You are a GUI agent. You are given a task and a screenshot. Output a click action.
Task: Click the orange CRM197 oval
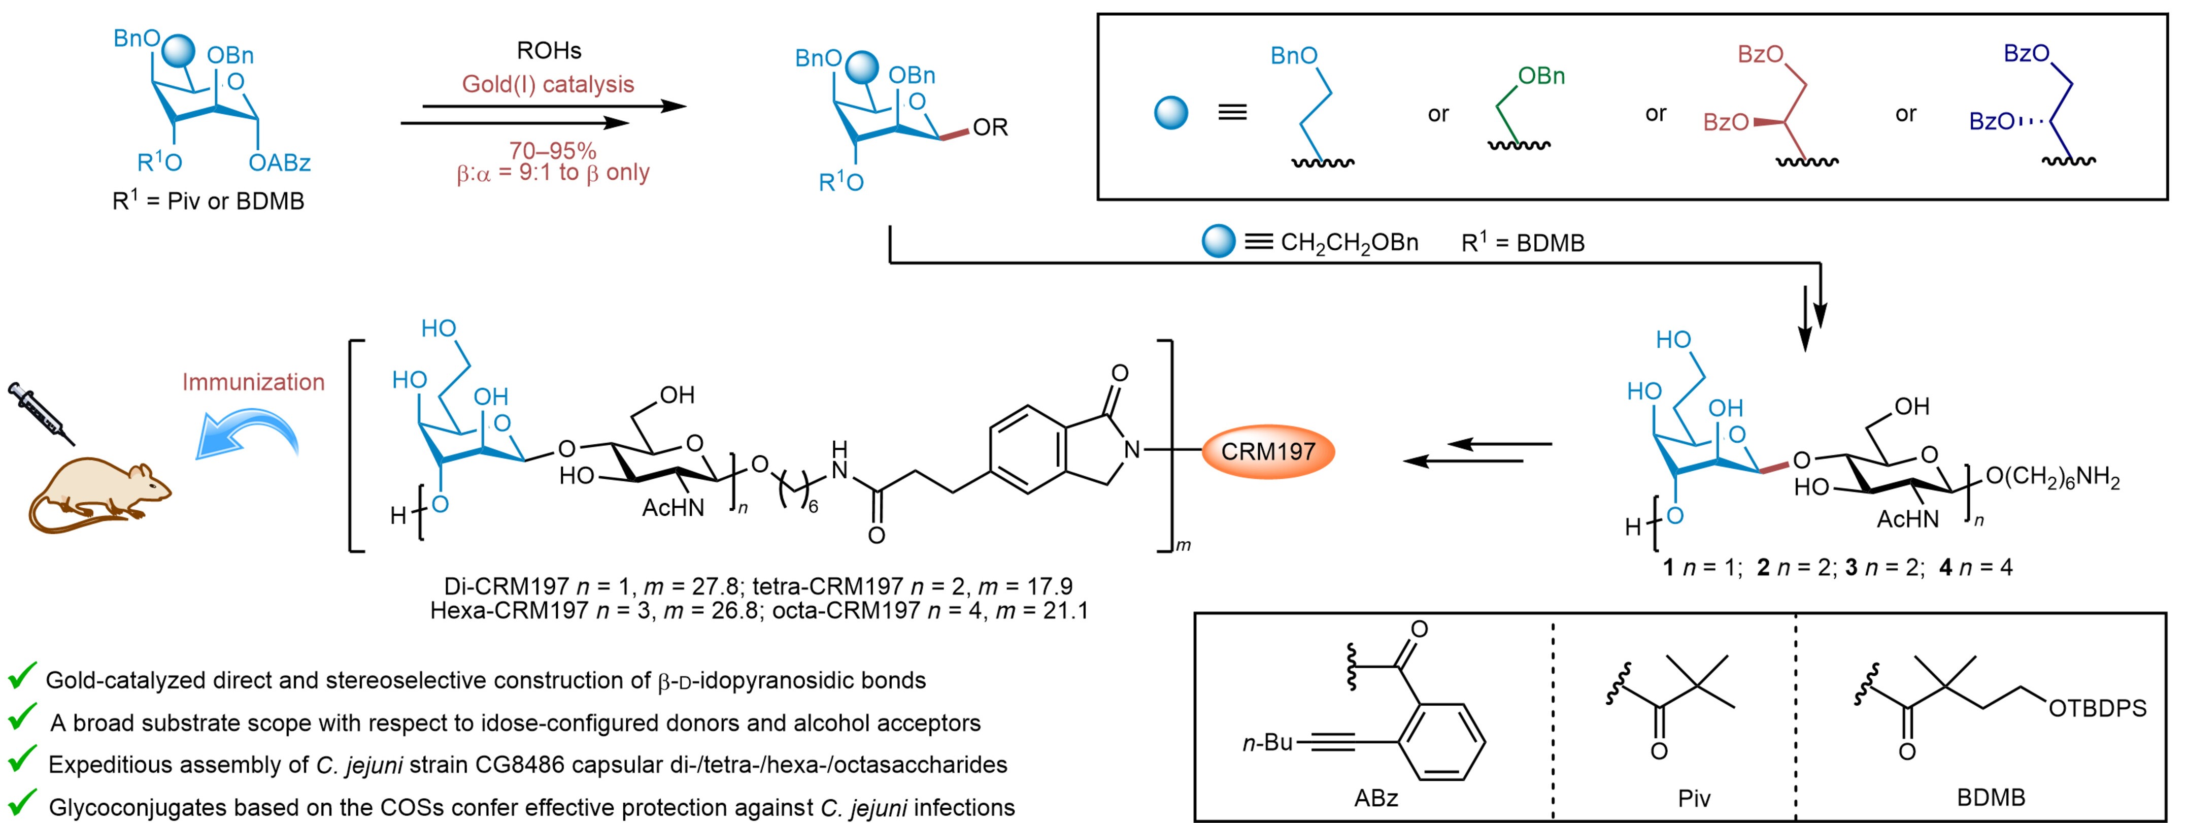[x=1267, y=451]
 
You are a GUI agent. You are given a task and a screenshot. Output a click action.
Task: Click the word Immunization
[x=253, y=382]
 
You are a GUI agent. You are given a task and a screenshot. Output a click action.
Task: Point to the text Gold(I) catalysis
[x=548, y=84]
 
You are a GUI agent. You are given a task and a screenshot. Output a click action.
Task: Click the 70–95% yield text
[x=553, y=150]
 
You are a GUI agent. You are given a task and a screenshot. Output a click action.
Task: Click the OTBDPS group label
[x=2097, y=708]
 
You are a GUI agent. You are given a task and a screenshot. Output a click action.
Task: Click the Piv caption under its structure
[x=1694, y=798]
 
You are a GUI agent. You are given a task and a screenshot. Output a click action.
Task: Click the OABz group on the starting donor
[x=280, y=162]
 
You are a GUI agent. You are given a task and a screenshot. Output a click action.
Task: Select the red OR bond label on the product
[x=990, y=127]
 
